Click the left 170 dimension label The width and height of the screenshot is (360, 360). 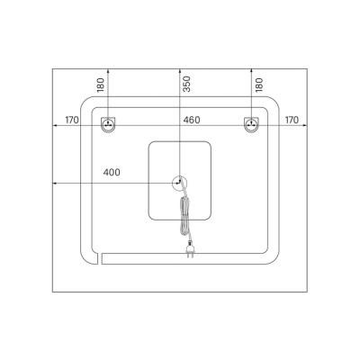[x=72, y=120]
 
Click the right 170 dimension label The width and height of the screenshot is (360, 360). [x=292, y=120]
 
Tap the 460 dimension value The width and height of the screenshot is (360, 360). [x=192, y=120]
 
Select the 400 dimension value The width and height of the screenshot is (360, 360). [x=112, y=173]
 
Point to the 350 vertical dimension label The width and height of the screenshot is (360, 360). [x=186, y=84]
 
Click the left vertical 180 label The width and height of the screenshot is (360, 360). [x=101, y=85]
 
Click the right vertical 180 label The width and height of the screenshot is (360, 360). [x=259, y=85]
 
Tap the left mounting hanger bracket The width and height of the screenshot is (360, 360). [x=108, y=124]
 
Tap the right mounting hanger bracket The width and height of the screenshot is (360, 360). [x=251, y=124]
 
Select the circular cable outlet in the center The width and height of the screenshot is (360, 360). [x=179, y=183]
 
